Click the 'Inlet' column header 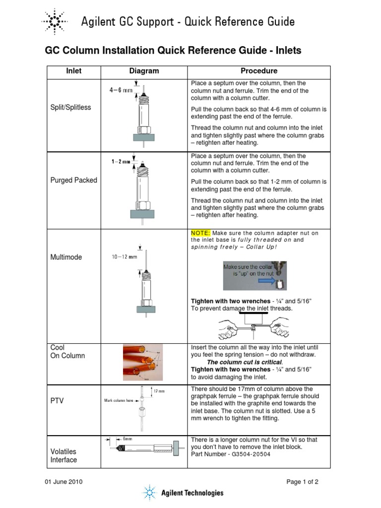tap(74, 71)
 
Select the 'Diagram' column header tap(144, 71)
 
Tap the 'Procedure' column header tap(259, 71)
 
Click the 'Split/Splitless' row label tap(71, 107)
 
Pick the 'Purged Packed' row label tap(74, 180)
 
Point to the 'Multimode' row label tap(66, 257)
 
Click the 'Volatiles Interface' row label tap(64, 455)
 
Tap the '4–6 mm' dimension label tap(121, 90)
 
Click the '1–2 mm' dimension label tap(121, 162)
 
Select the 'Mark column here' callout tap(119, 400)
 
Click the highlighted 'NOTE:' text tap(201, 233)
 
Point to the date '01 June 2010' tap(64, 482)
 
